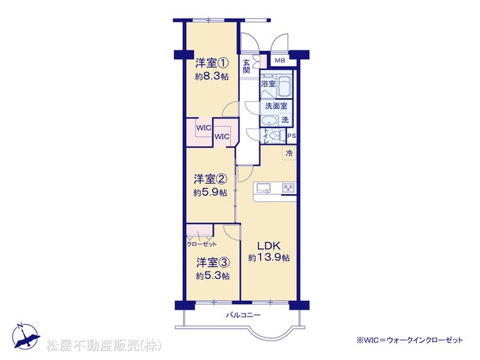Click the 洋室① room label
point(211,63)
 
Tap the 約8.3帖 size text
point(211,76)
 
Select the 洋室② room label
point(210,179)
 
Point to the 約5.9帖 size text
point(210,193)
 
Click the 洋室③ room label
point(213,262)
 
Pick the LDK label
point(268,246)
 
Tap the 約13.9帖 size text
point(268,258)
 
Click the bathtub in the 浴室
point(285,85)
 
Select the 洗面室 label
point(276,106)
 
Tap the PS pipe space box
point(292,136)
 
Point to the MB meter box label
point(280,60)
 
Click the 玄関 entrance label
point(247,66)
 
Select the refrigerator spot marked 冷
point(289,153)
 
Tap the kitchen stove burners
point(288,187)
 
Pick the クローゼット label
point(201,244)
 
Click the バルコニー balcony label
point(243,315)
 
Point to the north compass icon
point(25,336)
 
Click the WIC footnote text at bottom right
point(409,340)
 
